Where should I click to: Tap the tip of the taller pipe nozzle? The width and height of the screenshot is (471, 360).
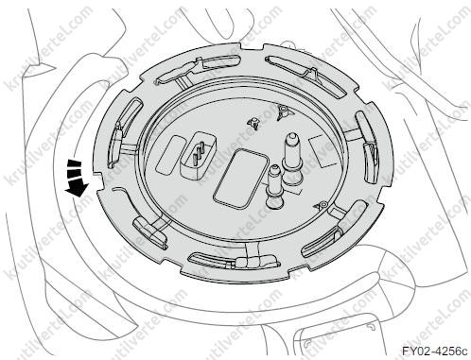tap(291, 136)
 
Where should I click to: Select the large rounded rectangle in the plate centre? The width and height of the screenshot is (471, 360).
tap(239, 179)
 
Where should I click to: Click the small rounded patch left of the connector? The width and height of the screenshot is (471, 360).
tap(171, 155)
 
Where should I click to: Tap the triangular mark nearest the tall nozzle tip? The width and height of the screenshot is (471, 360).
tap(282, 111)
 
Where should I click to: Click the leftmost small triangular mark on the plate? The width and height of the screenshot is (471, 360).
tap(254, 124)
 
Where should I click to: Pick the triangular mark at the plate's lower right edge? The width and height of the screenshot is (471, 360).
tap(321, 207)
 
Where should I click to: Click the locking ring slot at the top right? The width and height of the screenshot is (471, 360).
tap(306, 75)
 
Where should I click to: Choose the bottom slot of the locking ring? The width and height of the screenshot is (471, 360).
tap(234, 261)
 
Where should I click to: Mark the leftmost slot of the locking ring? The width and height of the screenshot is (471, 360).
tap(125, 131)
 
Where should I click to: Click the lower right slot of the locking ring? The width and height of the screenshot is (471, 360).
tap(335, 229)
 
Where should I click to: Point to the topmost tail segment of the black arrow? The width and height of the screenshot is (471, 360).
tap(74, 163)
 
